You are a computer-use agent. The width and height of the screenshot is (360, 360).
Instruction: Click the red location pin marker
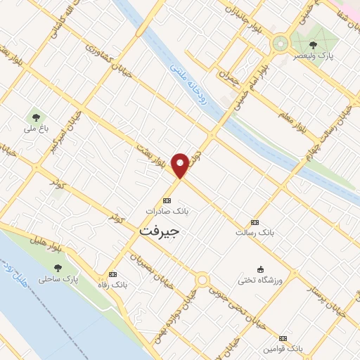pyautogui.click(x=181, y=166)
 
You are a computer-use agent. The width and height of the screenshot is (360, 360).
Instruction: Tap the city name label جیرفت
pyautogui.click(x=160, y=231)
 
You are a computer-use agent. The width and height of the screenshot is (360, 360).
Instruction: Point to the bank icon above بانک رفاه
pyautogui.click(x=112, y=274)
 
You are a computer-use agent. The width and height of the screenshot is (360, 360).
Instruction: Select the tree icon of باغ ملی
pyautogui.click(x=35, y=117)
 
